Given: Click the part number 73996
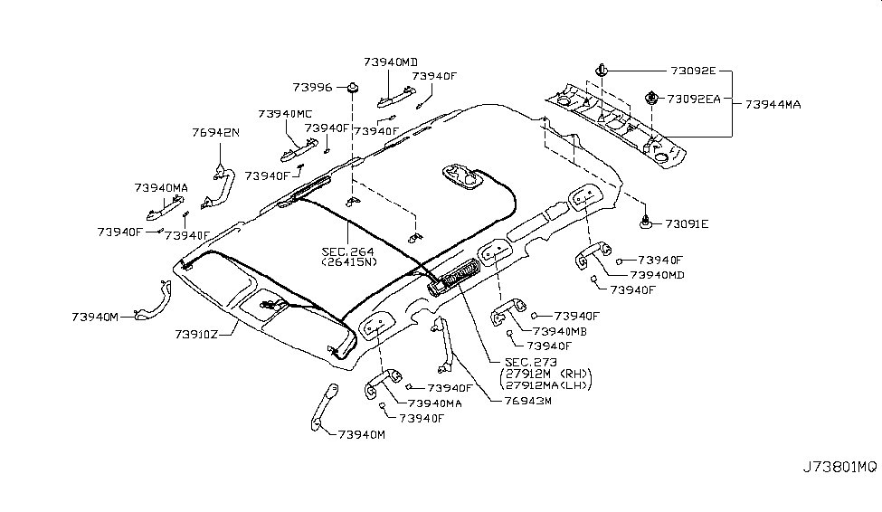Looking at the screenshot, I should click(x=313, y=87).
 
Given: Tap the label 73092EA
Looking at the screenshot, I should click(x=695, y=99).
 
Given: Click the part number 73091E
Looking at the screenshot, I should click(x=688, y=223).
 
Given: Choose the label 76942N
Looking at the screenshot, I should click(x=215, y=132).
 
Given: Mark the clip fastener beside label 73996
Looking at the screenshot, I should click(x=354, y=88).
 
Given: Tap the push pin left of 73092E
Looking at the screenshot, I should click(x=601, y=69).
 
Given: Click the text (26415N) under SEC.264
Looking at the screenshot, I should click(x=346, y=263).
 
